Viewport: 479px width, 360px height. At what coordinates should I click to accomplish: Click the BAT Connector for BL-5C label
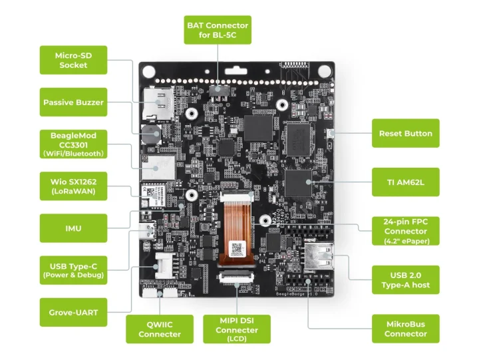[218, 30]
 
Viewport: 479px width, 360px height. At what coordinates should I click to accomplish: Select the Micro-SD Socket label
[73, 60]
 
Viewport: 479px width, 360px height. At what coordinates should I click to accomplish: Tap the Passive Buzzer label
[73, 102]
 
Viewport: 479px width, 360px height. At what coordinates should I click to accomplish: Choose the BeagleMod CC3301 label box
[73, 144]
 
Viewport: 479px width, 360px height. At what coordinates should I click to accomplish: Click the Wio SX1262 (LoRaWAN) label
[73, 185]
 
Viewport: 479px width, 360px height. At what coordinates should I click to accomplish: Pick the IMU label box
[73, 228]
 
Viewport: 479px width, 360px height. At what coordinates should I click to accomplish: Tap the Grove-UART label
[73, 311]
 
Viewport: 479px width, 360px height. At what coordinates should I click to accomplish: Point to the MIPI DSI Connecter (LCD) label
[236, 329]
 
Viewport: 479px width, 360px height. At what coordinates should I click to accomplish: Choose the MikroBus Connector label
[405, 329]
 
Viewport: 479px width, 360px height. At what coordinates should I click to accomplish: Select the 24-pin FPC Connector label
[405, 230]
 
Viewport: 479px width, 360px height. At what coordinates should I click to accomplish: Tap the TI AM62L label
[405, 182]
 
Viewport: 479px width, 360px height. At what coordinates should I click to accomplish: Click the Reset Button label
[405, 133]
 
